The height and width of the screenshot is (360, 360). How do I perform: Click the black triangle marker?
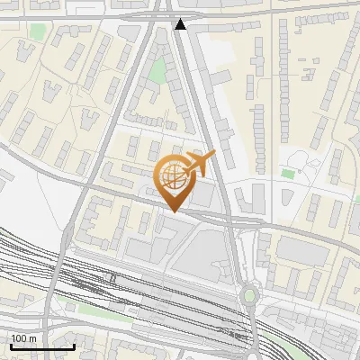click(x=181, y=24)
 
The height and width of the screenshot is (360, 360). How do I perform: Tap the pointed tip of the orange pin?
click(x=172, y=211)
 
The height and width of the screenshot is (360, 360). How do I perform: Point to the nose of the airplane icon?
click(x=214, y=156)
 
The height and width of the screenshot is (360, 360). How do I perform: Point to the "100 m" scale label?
click(x=23, y=338)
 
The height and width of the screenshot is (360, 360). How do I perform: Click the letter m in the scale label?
click(x=32, y=338)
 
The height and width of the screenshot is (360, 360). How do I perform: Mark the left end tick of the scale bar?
click(x=11, y=345)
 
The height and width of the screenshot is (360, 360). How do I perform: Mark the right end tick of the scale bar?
click(x=74, y=345)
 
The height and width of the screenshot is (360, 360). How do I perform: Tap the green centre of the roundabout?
click(x=249, y=294)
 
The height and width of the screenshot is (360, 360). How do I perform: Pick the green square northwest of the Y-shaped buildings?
click(x=37, y=31)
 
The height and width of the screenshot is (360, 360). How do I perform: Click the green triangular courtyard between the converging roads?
click(x=158, y=70)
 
